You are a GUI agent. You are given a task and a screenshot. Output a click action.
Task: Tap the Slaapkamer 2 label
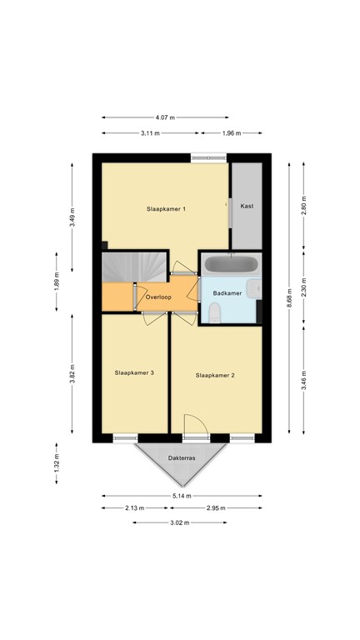(x=215, y=376)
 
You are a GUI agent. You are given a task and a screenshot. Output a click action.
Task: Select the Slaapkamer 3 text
(x=134, y=372)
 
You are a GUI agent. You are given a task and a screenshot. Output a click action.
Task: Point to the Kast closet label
(x=247, y=206)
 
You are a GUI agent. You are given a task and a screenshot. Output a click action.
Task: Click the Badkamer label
(x=227, y=292)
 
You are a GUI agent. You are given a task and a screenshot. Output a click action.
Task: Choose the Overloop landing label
(x=158, y=297)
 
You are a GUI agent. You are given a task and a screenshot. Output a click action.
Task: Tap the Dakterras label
(x=181, y=457)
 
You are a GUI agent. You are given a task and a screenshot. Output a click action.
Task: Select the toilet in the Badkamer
(x=214, y=312)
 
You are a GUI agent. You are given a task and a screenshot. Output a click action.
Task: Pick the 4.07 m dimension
(x=165, y=117)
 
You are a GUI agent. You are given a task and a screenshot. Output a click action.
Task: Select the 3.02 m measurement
(x=181, y=522)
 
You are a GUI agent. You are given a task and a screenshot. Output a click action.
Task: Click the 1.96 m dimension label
(x=231, y=133)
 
